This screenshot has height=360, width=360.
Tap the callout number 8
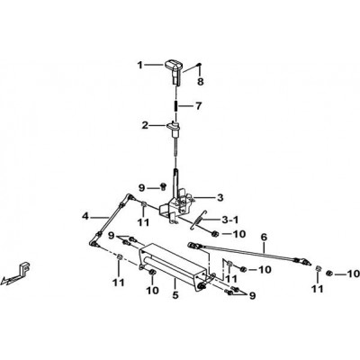tap(201, 81)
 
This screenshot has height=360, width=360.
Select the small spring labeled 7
tap(176, 106)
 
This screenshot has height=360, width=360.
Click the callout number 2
tap(145, 125)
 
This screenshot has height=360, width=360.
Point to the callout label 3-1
tap(230, 220)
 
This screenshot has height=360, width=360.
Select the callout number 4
tap(86, 216)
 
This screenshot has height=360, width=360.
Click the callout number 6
tap(264, 237)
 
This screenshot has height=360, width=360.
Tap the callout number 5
tap(175, 295)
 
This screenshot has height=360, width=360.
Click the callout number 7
tap(198, 106)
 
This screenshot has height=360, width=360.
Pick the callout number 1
tap(140, 65)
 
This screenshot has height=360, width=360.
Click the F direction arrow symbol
tap(17, 274)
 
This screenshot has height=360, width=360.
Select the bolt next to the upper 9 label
tap(164, 186)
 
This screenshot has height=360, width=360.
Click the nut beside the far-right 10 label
tap(329, 273)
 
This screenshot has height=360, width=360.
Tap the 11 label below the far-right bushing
tap(318, 289)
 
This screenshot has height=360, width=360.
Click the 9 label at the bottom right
tap(253, 296)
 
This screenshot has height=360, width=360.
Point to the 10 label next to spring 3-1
tap(239, 234)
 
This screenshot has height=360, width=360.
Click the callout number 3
tap(220, 198)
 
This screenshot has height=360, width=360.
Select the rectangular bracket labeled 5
tap(175, 263)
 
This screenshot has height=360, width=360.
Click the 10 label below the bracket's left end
tap(152, 291)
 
